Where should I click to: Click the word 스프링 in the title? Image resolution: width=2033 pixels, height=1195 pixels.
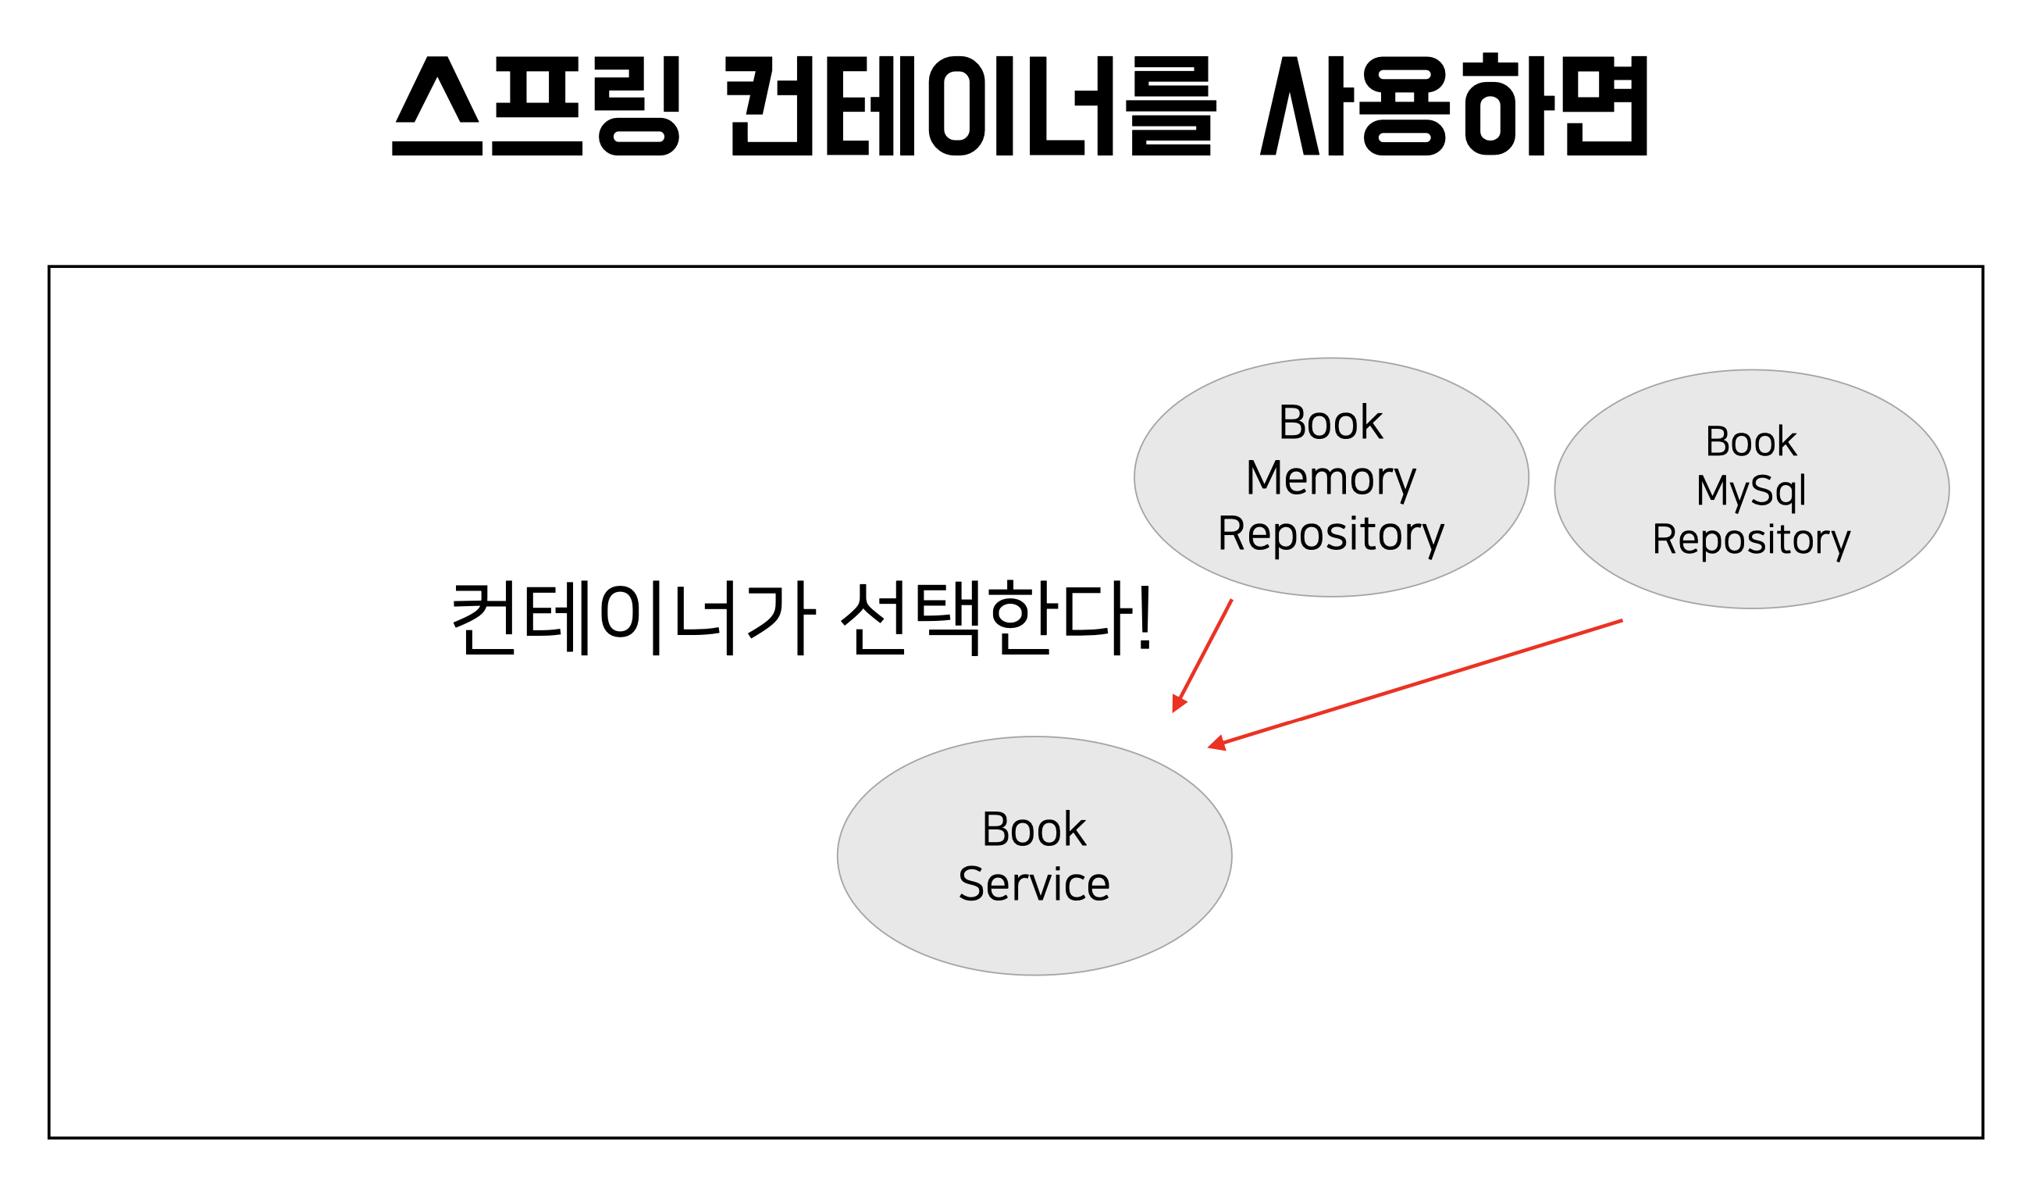tap(536, 105)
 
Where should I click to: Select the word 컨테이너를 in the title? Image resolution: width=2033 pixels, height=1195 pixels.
tap(970, 105)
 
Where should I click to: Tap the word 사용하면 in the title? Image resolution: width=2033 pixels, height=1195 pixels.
tap(1453, 105)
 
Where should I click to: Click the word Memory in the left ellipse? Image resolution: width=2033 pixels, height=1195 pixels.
tap(1330, 479)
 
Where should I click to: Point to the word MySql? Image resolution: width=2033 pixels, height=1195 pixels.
tap(1750, 490)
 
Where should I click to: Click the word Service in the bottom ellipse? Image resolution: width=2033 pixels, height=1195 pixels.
tap(1034, 884)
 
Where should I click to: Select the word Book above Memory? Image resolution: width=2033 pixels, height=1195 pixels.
tap(1330, 423)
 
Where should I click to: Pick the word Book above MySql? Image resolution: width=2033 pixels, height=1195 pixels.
tap(1750, 442)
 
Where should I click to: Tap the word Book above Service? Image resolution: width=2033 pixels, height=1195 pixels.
tap(1034, 829)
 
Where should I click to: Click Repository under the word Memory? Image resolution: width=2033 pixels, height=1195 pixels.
tap(1330, 534)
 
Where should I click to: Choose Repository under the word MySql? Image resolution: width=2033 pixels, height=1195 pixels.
tap(1750, 540)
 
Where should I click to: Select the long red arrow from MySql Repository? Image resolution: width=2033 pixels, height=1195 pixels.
tap(1420, 683)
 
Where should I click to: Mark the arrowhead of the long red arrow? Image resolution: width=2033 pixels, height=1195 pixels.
tap(1216, 745)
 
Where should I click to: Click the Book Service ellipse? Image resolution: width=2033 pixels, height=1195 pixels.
tap(1034, 936)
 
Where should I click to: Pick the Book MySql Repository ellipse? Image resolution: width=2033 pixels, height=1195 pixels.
tap(1750, 404)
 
